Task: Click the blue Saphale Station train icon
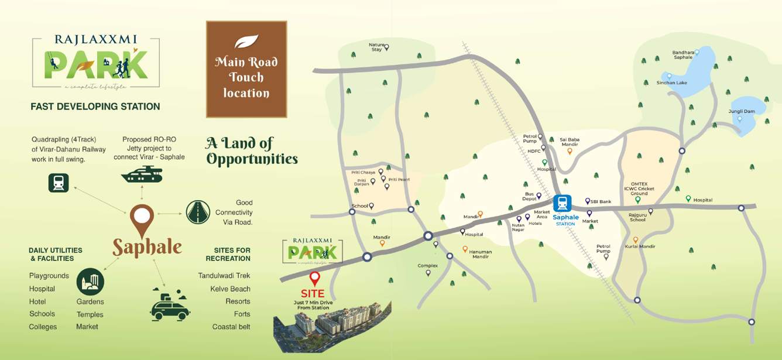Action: [563, 203]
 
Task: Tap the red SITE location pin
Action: [315, 278]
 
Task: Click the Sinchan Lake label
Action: [672, 83]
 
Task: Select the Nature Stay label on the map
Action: [376, 47]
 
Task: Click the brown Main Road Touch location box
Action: [246, 69]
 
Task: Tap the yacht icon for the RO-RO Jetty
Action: [142, 174]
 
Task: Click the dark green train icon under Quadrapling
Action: [59, 183]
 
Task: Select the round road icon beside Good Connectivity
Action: [198, 212]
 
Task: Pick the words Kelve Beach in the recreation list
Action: [230, 289]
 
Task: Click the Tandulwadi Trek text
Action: [224, 276]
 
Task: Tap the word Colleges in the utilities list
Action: [43, 327]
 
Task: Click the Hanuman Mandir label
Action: [481, 254]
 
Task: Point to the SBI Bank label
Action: [601, 201]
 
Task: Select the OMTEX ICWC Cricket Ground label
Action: [639, 188]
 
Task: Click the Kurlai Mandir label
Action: [640, 246]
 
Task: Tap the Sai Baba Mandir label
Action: [570, 142]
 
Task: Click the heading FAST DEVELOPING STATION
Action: [95, 107]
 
